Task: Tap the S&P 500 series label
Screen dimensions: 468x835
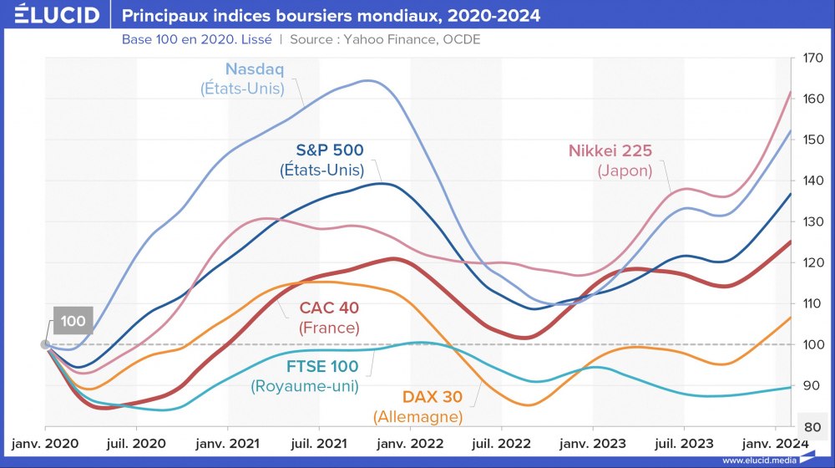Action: tap(322, 150)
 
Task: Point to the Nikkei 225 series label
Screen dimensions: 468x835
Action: tap(610, 151)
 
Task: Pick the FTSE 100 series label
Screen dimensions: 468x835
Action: tap(322, 366)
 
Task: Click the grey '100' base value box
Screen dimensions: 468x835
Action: tap(73, 321)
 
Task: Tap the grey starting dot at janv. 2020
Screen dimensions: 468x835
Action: tap(44, 344)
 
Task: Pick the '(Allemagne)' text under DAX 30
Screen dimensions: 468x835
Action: tap(418, 416)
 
